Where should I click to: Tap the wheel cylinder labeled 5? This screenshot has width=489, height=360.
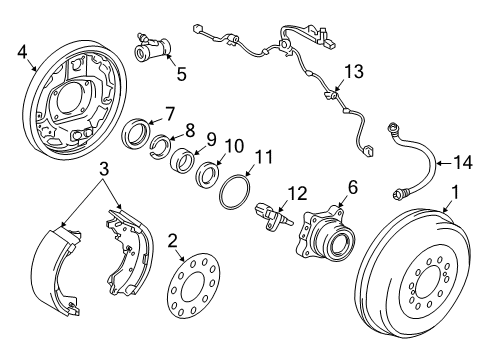tap(152, 46)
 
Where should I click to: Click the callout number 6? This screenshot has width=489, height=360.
tap(352, 186)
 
